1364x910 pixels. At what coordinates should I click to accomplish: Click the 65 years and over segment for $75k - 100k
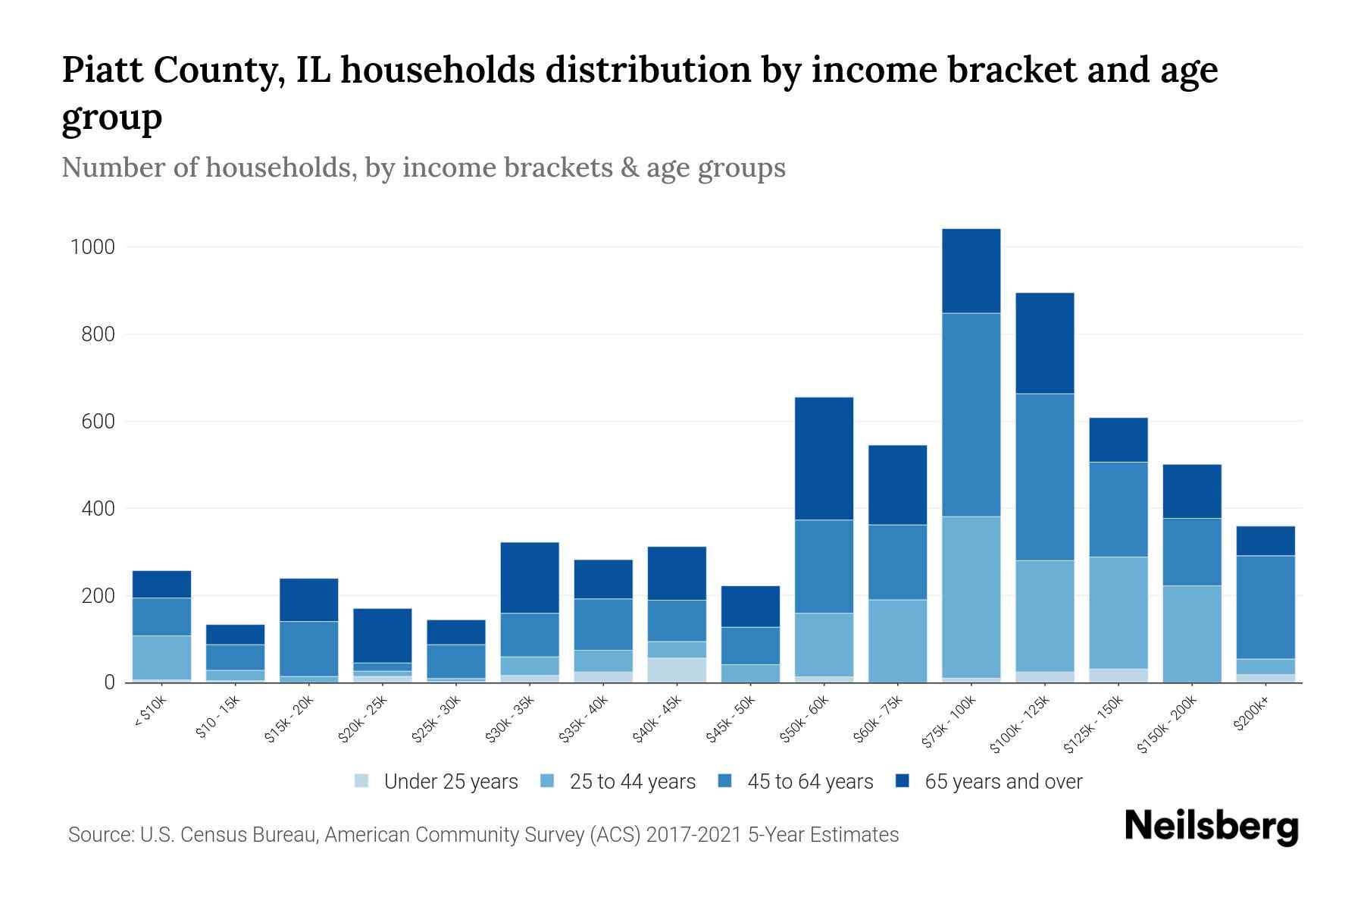tap(971, 271)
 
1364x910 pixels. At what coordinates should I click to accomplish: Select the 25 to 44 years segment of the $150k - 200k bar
tap(1191, 634)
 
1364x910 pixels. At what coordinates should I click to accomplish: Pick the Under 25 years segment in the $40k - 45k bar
tap(677, 670)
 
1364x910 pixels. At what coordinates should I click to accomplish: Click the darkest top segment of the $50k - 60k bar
tap(824, 458)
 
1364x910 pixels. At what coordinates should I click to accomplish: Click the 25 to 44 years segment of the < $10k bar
tap(161, 657)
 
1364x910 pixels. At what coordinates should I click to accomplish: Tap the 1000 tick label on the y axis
tap(92, 247)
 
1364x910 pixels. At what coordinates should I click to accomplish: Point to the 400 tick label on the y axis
tap(98, 508)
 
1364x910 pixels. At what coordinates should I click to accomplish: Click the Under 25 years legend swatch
tap(362, 780)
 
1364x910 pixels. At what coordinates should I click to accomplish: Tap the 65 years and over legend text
tap(1003, 781)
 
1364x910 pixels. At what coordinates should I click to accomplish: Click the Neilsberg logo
tap(1211, 826)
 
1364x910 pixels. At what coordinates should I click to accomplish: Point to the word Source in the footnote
tap(99, 835)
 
